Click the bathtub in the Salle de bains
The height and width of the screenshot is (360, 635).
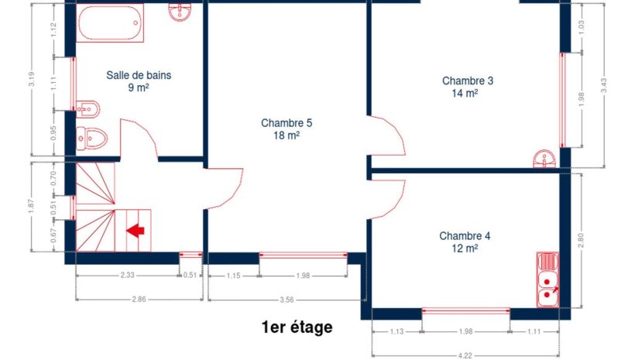point(110,22)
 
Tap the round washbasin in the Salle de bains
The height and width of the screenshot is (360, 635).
point(180,12)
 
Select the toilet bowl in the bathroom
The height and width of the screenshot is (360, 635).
point(92,139)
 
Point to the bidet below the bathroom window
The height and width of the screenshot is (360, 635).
point(88,109)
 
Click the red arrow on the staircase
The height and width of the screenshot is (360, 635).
point(136,231)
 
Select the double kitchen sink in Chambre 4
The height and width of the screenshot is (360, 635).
point(548,279)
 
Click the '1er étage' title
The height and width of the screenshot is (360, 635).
point(297,327)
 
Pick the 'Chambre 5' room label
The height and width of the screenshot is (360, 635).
point(287,122)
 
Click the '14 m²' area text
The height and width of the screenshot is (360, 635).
point(465,94)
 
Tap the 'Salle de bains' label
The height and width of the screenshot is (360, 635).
point(139,75)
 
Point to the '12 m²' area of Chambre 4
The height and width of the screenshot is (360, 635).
point(465,249)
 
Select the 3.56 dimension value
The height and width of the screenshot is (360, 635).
point(287,300)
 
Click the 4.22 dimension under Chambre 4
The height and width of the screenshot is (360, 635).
point(465,356)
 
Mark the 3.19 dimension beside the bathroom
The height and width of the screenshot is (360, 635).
point(32,80)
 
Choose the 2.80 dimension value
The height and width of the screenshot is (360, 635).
point(581,241)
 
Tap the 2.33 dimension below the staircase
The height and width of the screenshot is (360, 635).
point(127,276)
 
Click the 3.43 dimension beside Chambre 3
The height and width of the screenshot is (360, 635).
point(604,85)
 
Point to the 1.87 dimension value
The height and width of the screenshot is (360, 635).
point(32,207)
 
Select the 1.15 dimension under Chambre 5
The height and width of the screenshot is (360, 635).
point(233,276)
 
